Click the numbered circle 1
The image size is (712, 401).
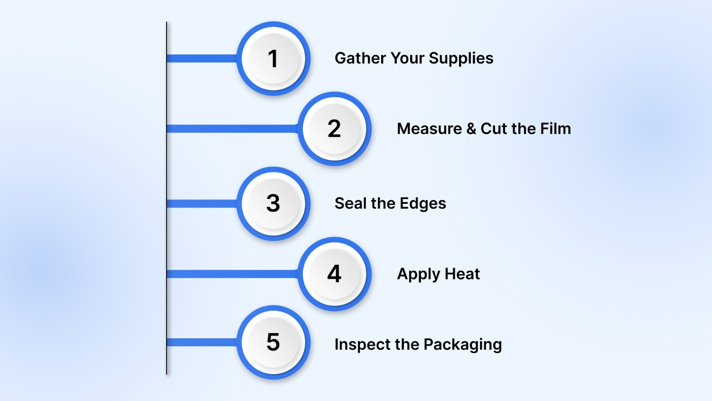tap(273, 58)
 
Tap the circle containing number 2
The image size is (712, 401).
tap(334, 129)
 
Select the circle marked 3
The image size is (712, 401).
tap(273, 203)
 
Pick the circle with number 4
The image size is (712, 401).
tap(334, 274)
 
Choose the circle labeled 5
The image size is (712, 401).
tap(273, 342)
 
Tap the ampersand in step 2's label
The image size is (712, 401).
tap(471, 129)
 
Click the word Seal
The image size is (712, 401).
tap(350, 203)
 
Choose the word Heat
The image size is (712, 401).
tap(462, 274)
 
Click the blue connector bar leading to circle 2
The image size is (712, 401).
tap(233, 129)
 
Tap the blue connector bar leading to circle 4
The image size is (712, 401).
tap(233, 274)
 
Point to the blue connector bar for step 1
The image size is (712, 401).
tap(202, 58)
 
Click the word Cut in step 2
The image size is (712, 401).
tap(494, 129)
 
